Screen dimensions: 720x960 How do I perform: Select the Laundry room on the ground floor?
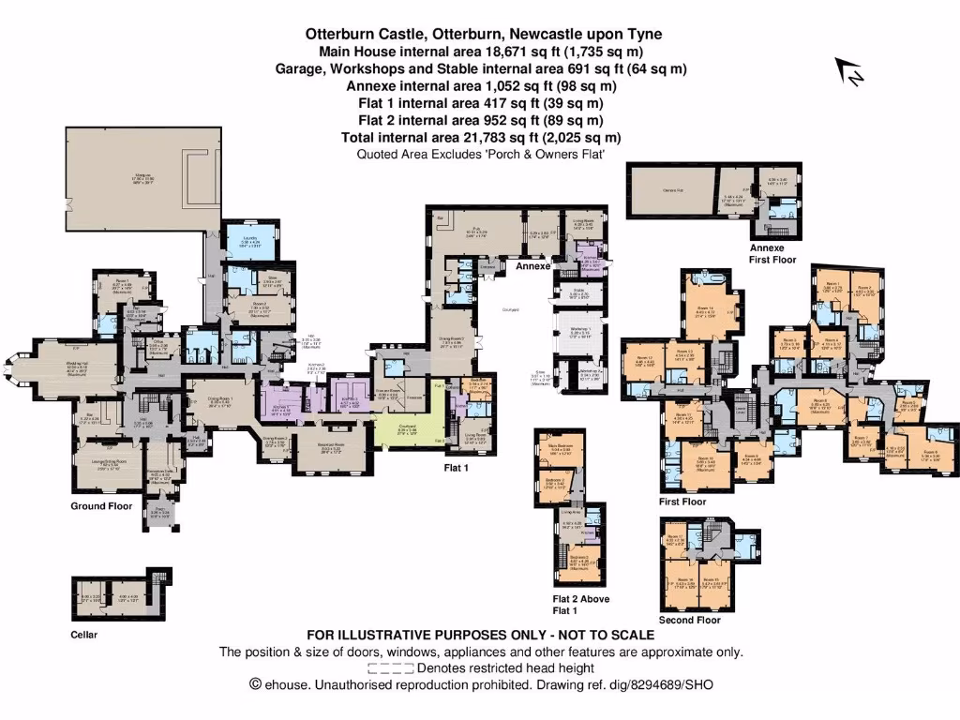[x=250, y=241]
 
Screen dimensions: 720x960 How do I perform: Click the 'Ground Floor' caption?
[x=100, y=506]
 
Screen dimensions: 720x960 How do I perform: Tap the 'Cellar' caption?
[x=84, y=635]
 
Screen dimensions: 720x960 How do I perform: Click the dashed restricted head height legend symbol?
[x=391, y=668]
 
